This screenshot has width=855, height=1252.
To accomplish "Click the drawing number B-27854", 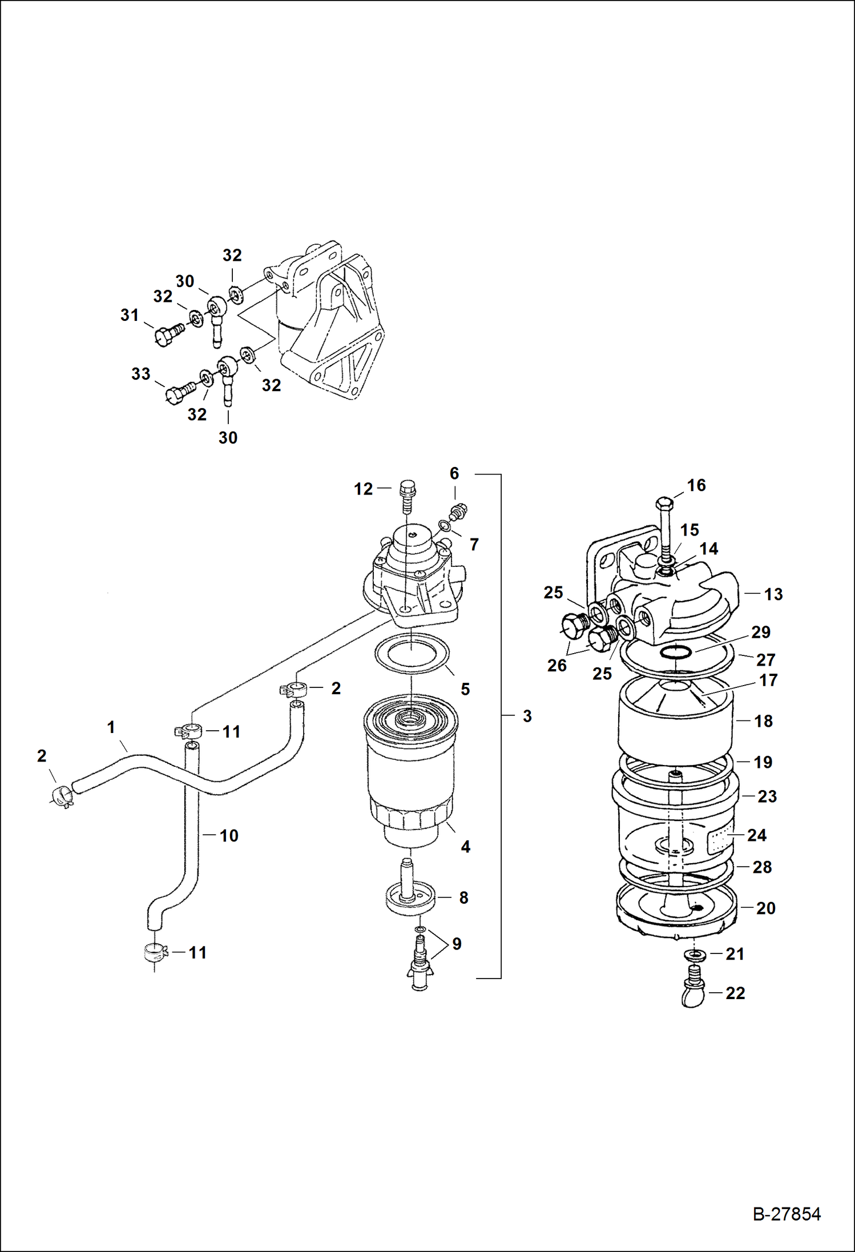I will point(787,1214).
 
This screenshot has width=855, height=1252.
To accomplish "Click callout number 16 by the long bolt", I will point(696,485).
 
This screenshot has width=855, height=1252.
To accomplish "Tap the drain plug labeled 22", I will point(693,995).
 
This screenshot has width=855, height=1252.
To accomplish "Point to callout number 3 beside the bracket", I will point(527,716).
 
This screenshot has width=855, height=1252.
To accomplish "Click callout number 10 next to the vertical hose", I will point(229,836).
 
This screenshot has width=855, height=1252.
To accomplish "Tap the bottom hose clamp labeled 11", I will point(154,953).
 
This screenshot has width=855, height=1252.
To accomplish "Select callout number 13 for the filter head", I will point(773,594).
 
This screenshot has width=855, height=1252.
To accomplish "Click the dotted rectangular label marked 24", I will point(720,841).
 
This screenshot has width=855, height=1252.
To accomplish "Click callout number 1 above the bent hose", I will point(111,727).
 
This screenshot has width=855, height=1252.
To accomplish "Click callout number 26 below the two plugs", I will point(556,665).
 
